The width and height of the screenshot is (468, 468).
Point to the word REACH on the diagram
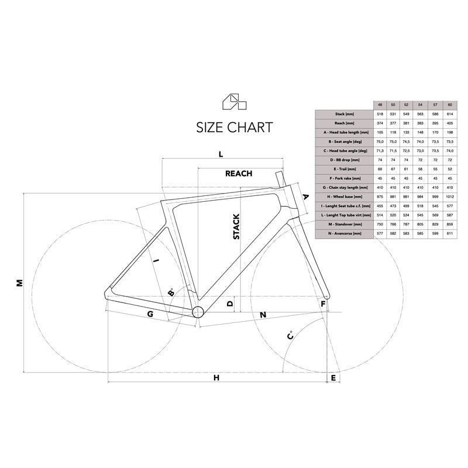[239, 173]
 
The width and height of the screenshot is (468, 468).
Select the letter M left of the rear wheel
[19, 283]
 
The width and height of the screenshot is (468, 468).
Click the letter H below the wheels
[216, 378]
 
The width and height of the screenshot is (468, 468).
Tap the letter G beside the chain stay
[150, 314]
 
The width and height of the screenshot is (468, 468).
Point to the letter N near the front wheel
[263, 315]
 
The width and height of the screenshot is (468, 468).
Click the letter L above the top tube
[221, 154]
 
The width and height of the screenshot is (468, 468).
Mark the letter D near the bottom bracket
[230, 304]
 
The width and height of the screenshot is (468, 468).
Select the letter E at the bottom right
[333, 378]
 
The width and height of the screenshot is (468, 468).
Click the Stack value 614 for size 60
[450, 113]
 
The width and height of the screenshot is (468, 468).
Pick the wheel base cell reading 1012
[450, 197]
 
